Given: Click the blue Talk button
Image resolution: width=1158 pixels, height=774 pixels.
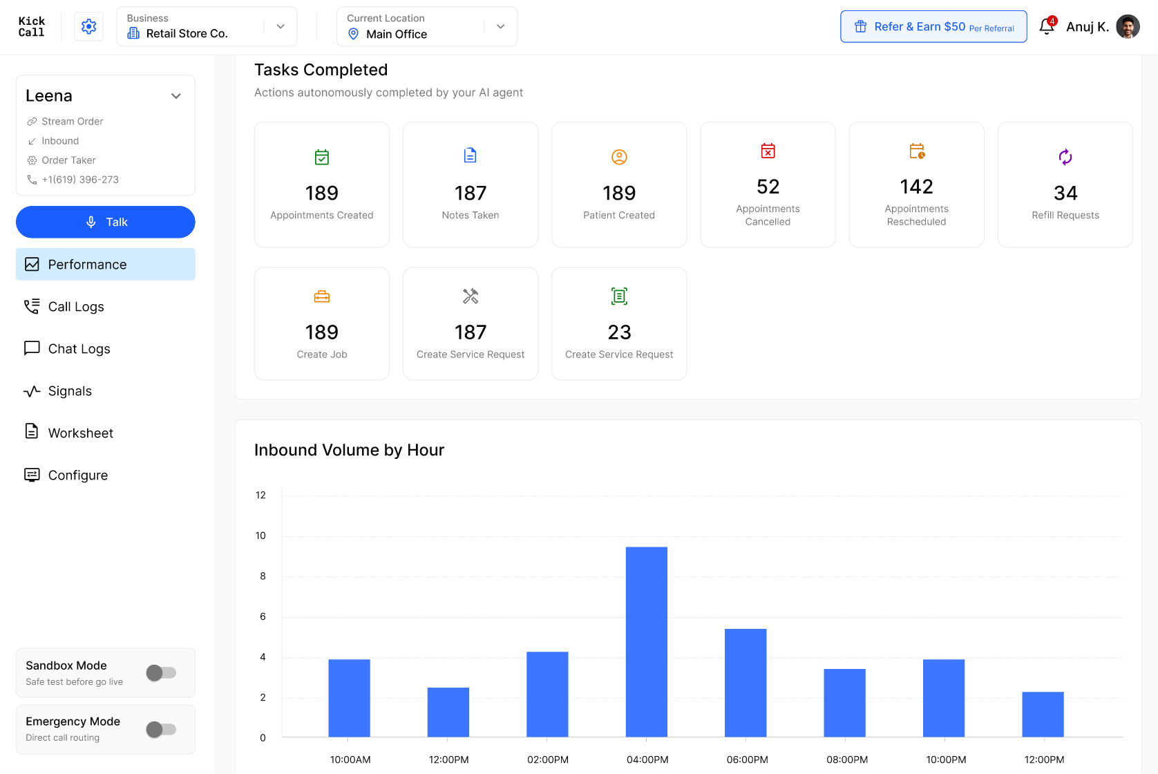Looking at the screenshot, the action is [106, 222].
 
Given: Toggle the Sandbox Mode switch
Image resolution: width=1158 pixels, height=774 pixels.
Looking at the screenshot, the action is [161, 672].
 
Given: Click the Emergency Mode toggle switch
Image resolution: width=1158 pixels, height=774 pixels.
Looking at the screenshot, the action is [161, 729].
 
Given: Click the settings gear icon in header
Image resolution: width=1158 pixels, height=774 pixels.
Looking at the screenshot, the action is [89, 26].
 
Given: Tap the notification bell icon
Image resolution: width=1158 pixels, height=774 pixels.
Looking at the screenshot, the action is [1047, 26].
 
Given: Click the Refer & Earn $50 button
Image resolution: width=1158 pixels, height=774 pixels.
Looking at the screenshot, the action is [933, 26].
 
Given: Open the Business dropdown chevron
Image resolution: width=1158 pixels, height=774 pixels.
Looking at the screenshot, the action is [281, 26].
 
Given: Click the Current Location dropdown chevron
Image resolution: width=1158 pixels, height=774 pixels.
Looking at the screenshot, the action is [500, 26].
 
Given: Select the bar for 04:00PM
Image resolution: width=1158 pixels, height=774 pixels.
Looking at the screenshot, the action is [646, 641].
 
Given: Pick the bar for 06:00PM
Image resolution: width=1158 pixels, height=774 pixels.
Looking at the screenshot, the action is [746, 683].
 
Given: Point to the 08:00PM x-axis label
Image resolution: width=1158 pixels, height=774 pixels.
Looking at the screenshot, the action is [847, 759].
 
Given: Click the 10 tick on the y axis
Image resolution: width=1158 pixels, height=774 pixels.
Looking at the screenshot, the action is [260, 536].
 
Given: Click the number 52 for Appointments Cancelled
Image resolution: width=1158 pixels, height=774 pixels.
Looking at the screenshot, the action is [768, 187].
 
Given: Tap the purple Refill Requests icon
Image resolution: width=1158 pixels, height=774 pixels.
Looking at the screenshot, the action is [1065, 157].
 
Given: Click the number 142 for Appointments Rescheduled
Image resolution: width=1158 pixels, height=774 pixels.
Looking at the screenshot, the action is [917, 187].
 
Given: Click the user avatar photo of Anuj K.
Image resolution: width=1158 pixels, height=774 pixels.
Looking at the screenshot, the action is [1128, 26].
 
